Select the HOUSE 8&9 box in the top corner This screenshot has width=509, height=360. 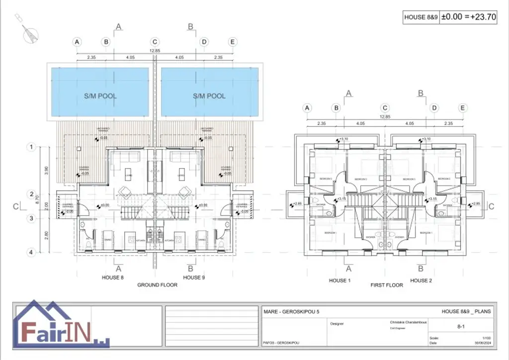[x=421, y=17]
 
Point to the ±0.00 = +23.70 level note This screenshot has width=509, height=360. [x=469, y=17]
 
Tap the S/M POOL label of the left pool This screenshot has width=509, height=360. [x=100, y=95]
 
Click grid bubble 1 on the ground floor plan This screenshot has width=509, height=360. [x=31, y=147]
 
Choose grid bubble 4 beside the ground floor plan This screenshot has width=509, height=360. [x=31, y=252]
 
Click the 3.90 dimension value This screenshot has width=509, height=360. [x=47, y=170]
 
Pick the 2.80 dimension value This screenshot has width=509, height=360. [x=47, y=235]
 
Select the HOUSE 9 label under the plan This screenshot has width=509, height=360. [x=194, y=277]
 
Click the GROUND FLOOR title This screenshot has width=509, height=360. [x=158, y=285]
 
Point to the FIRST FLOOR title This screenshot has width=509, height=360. [x=387, y=285]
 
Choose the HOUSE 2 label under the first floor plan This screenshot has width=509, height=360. [x=421, y=280]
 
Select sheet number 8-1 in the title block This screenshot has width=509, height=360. [x=460, y=327]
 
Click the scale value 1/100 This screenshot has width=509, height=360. [x=486, y=338]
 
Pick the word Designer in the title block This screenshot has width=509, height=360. [x=337, y=324]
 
